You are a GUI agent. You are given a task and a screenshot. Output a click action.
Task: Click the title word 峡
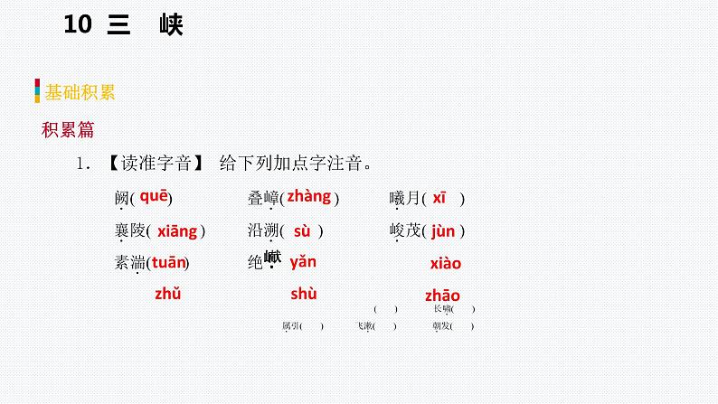(x=168, y=26)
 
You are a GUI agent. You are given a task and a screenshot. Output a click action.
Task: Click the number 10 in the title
(x=79, y=26)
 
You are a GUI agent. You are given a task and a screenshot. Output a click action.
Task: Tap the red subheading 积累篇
(x=68, y=129)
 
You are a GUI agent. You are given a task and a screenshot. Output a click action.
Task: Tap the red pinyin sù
(x=302, y=231)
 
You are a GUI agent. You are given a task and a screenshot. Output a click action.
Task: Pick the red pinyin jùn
(x=443, y=231)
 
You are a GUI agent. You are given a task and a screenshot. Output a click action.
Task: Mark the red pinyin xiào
(x=445, y=264)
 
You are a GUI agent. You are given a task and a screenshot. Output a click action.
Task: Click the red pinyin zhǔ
(x=168, y=293)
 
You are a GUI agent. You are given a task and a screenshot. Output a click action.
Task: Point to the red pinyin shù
(x=303, y=293)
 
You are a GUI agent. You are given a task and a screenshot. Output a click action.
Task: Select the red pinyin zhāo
(x=442, y=296)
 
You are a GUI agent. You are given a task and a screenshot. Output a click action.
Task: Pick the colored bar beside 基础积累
(x=37, y=91)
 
